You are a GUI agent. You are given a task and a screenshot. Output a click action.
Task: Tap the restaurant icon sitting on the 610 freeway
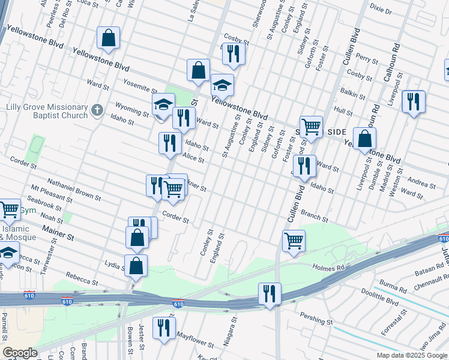pyautogui.click(x=270, y=294)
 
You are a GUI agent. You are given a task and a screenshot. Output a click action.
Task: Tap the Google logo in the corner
pyautogui.click(x=20, y=353)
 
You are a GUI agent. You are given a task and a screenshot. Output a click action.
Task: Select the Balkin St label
pyautogui.click(x=354, y=94)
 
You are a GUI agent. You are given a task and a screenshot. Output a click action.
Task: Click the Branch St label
pyautogui.click(x=314, y=217)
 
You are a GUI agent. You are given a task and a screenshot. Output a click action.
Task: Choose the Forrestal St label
pyautogui.click(x=393, y=322)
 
